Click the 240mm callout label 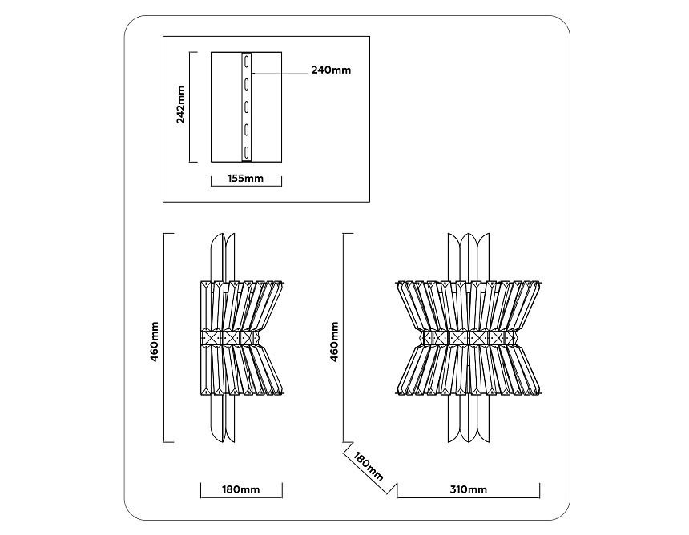[332, 70]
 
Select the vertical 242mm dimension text [180, 105]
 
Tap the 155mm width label [245, 179]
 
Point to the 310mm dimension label [469, 489]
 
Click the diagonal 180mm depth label [369, 466]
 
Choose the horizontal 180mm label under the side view [241, 489]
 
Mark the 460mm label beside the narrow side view [155, 342]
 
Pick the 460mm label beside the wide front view [334, 342]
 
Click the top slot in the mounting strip [247, 61]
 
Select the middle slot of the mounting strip [247, 107]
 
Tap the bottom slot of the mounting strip [247, 153]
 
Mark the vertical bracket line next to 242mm [190, 107]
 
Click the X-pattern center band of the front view [469, 338]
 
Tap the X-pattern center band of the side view [230, 338]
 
